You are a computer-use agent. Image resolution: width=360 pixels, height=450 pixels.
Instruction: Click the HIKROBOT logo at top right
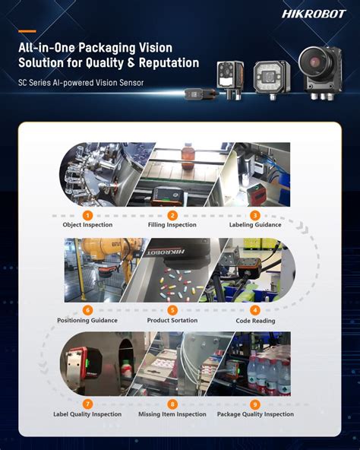(x=314, y=14)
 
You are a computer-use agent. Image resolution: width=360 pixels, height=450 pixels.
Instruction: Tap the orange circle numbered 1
(x=87, y=215)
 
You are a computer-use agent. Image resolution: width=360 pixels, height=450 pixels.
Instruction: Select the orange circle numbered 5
(x=172, y=310)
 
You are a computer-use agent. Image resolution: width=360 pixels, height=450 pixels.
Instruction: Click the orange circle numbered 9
(x=255, y=404)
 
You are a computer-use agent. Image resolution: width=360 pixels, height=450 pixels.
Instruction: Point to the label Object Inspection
(x=87, y=225)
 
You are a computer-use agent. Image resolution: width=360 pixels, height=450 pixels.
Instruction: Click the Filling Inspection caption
(x=172, y=225)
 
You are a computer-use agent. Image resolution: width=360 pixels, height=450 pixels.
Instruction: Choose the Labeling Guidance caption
(x=255, y=225)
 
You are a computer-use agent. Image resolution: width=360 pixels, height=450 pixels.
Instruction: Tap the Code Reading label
(x=255, y=321)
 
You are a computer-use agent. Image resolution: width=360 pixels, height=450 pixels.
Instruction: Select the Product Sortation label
(x=172, y=320)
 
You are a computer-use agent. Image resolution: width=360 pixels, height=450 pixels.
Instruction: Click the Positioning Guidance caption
(x=87, y=320)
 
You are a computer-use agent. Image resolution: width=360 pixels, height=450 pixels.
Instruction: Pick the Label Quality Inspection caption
(x=87, y=414)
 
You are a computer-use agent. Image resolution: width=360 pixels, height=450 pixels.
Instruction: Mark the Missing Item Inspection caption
(x=172, y=414)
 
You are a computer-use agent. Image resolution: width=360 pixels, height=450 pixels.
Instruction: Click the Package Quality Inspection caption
(x=255, y=414)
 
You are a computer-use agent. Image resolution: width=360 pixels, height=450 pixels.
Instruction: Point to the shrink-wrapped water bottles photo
(x=262, y=369)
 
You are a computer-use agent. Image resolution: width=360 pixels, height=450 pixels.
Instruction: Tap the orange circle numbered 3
(x=255, y=215)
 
